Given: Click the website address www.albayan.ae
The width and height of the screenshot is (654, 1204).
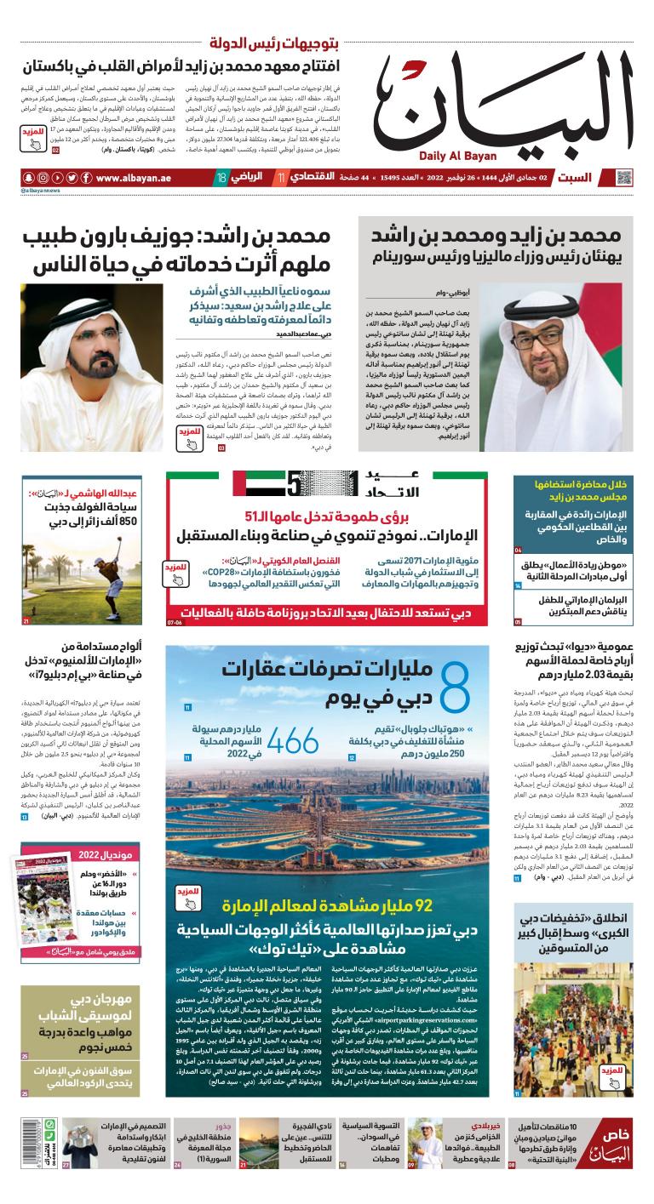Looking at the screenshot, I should click(135, 179).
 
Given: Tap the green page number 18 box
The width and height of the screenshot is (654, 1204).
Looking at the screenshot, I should click(221, 179).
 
